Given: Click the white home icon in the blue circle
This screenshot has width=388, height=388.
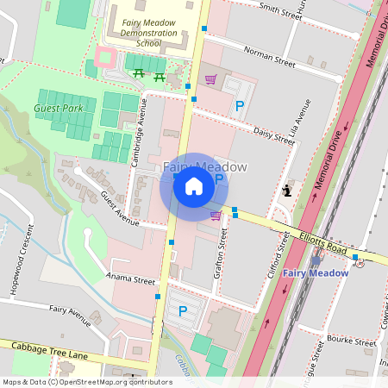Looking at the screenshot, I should (193, 186).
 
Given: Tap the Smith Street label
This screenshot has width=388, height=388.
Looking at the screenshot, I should (280, 9).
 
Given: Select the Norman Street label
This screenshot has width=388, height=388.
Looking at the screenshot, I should (269, 57).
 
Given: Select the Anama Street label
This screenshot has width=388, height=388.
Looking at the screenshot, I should (130, 280).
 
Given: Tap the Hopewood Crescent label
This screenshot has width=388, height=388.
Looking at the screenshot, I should (21, 260).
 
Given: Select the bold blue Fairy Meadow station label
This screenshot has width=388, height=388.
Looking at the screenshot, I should (316, 273).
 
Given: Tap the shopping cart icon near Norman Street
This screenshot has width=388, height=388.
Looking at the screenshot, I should (210, 79).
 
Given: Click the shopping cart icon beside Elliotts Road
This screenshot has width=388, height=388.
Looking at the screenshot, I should (216, 215).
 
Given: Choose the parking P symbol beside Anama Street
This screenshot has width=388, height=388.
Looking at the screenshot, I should (182, 310).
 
